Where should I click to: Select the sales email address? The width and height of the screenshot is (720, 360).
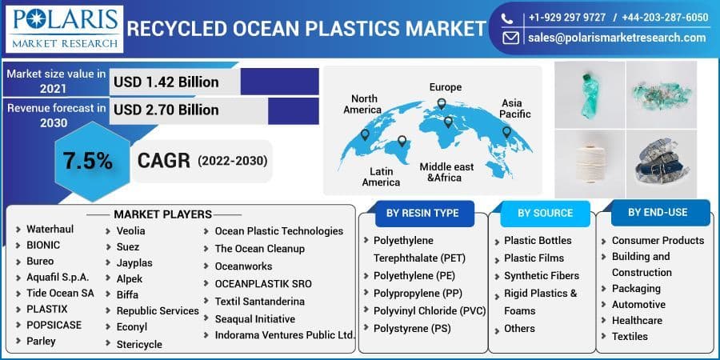616,38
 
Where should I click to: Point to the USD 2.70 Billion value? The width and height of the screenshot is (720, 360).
166,110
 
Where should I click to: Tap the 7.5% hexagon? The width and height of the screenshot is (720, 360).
87,161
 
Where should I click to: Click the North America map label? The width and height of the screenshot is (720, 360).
362,104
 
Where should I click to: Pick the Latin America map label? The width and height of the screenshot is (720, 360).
381,177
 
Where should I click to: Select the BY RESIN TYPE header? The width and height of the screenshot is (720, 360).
422,213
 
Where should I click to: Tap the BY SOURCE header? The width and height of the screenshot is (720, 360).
545,213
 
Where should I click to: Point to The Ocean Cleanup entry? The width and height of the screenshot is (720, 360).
259,249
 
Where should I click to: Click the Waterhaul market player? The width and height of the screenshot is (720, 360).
50,229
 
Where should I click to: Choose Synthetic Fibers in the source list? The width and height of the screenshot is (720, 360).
542,276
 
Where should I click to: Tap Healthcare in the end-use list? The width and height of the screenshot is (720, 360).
637,320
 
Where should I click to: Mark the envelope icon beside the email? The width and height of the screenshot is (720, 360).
510,38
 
